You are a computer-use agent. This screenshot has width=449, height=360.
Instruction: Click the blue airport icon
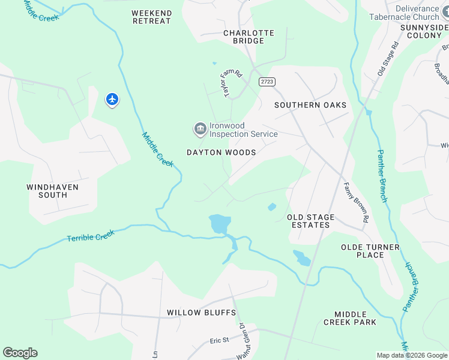click(112, 99)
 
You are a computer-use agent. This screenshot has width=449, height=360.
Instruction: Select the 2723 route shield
click(267, 81)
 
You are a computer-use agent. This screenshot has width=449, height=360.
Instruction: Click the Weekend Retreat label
click(151, 17)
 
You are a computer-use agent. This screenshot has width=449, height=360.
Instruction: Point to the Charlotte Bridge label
click(249, 37)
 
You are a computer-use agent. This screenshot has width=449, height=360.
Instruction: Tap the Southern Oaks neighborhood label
click(310, 105)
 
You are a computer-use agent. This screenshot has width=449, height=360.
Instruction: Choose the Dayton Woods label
click(221, 152)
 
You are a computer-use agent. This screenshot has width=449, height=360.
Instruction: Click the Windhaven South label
click(52, 191)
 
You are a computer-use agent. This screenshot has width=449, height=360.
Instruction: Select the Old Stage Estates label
click(308, 221)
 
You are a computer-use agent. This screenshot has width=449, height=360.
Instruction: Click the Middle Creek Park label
click(355, 318)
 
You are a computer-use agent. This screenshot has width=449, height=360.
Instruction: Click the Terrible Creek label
click(91, 235)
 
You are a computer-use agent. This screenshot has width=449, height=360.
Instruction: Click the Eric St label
click(219, 340)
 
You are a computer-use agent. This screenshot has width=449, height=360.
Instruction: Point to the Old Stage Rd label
click(388, 58)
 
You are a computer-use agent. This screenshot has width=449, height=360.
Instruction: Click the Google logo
click(20, 353)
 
